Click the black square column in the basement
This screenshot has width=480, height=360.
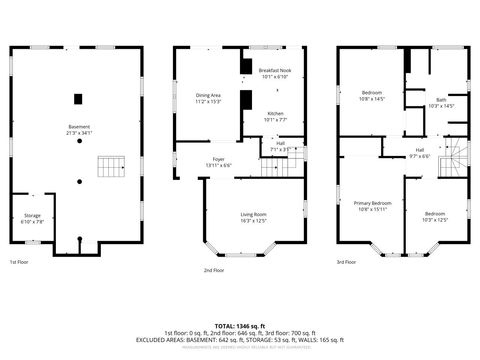click(x=79, y=98)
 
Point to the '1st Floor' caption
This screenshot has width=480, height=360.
click(x=19, y=262)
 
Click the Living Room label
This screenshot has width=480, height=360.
click(x=253, y=217)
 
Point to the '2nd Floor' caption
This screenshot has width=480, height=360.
click(x=214, y=270)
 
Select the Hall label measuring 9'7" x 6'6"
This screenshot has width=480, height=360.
click(x=419, y=153)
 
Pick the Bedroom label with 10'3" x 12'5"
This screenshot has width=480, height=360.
click(x=434, y=217)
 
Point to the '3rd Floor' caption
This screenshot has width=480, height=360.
click(x=345, y=262)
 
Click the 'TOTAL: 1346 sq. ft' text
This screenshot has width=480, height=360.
click(x=240, y=326)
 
